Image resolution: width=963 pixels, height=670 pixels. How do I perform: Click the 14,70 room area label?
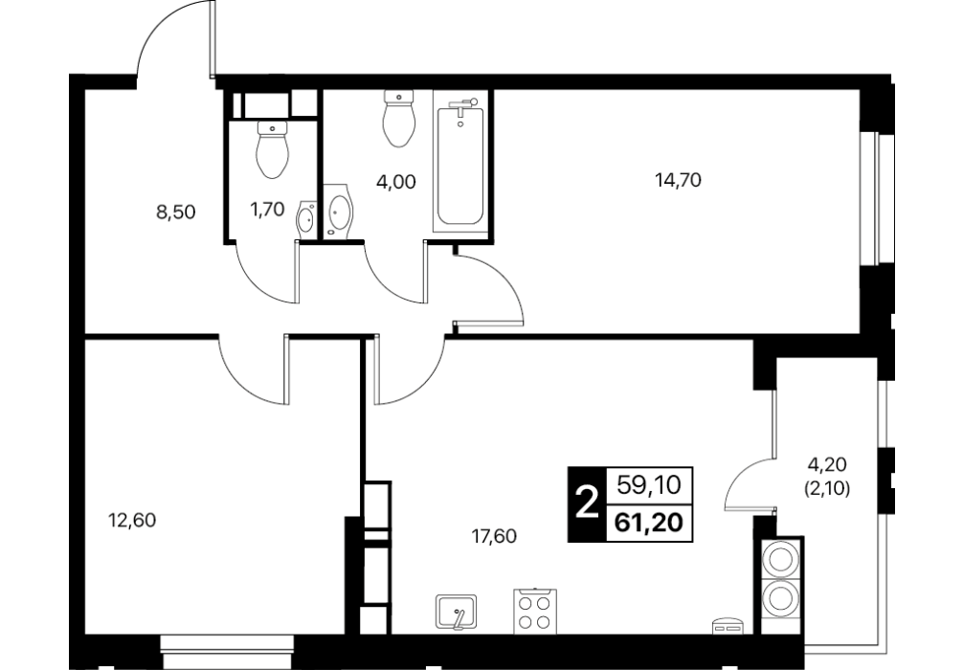coord(678,181)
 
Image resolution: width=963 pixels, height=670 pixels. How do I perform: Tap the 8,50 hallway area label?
coord(175,212)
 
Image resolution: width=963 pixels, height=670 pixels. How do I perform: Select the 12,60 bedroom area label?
coord(132,521)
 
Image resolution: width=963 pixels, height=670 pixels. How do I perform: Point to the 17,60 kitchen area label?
coord(494,537)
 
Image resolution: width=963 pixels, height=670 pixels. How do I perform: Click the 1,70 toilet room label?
coord(267,210)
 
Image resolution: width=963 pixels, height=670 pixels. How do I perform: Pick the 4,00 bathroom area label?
coord(396,182)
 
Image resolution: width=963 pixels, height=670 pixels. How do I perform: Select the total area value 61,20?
coord(650,524)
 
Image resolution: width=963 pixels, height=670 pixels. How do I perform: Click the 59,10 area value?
coord(650,486)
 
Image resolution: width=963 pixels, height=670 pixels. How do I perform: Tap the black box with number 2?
coord(587,504)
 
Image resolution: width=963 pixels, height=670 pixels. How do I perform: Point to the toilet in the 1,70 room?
coord(273,149)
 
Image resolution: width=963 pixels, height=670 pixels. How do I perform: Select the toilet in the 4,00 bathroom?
coord(398,119)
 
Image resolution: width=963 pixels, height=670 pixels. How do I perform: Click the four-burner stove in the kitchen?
coord(535,611)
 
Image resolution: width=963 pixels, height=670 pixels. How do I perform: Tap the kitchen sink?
coord(457,612)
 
